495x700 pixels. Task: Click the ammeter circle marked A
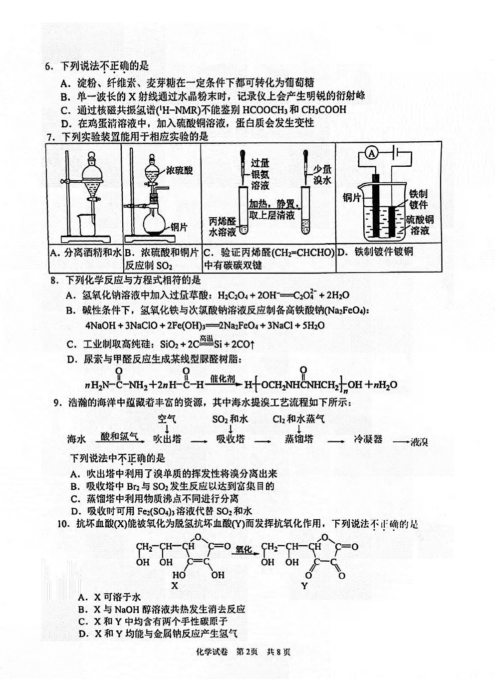[372, 153]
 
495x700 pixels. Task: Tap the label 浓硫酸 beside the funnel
[179, 170]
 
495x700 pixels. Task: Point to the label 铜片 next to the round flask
[179, 227]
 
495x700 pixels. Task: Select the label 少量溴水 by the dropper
[322, 175]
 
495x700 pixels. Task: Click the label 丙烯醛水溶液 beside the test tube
[223, 227]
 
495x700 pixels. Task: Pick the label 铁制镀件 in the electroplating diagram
[418, 199]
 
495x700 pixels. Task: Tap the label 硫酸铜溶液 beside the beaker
[420, 225]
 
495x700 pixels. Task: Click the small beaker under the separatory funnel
[86, 224]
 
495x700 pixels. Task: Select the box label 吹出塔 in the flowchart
[167, 439]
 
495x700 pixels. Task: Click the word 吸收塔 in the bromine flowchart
[231, 439]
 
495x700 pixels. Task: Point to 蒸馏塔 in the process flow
[299, 439]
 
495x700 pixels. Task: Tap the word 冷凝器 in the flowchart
[368, 439]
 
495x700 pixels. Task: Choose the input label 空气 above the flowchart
[167, 418]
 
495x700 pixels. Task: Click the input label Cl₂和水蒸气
[298, 419]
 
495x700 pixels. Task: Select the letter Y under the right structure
[304, 586]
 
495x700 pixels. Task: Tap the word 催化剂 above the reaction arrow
[223, 378]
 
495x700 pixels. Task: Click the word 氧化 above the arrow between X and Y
[244, 549]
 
